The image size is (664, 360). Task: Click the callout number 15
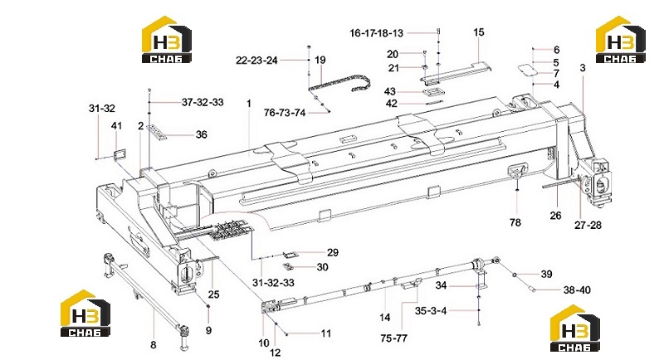pos(479,32)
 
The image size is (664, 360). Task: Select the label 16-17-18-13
pos(376,33)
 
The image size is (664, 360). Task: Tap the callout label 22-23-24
pos(256,61)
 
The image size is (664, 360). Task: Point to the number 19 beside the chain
pos(320,60)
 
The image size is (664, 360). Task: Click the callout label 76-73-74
pos(284,113)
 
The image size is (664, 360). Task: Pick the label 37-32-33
pos(203,102)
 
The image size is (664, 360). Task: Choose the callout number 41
pos(116,125)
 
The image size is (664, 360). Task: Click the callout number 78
pos(515,222)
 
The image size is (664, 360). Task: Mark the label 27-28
pos(588,226)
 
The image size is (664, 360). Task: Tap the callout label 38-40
pos(577,290)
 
